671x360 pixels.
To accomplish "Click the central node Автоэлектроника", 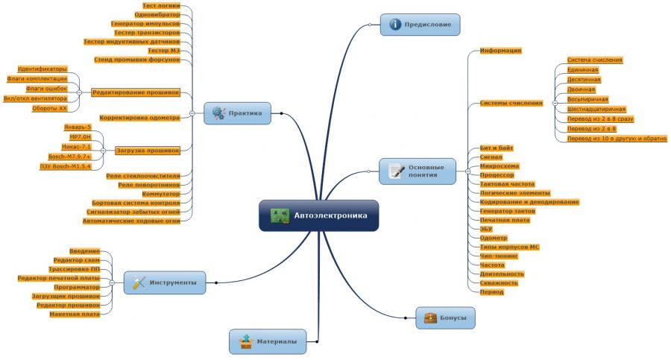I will coord(319,216).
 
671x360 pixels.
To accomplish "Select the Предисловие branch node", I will coord(420,25).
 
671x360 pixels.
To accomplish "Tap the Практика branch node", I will coord(237,114).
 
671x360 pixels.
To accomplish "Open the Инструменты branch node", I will coord(165,283).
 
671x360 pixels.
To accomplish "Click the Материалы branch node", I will coord(268,341).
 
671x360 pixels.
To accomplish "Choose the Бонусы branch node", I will coord(446,318).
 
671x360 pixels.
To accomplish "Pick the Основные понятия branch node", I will coord(418,172).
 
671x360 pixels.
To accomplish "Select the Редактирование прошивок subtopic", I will coord(136,93).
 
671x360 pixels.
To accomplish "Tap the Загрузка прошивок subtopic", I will coord(148,151).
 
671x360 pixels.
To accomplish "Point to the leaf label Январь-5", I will coord(77,127).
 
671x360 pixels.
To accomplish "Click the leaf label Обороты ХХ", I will coord(50,108).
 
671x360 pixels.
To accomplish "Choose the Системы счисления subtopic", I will coord(511,103).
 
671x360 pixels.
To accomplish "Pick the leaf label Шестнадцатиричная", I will coord(596,109).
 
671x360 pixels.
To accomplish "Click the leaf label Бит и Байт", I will coord(497,148).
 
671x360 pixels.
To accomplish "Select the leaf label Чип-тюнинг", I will coord(499,256).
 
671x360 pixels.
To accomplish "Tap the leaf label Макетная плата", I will coord(75,315).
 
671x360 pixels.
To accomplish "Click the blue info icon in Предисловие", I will coord(395,25).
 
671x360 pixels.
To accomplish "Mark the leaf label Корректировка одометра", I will coord(139,118).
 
